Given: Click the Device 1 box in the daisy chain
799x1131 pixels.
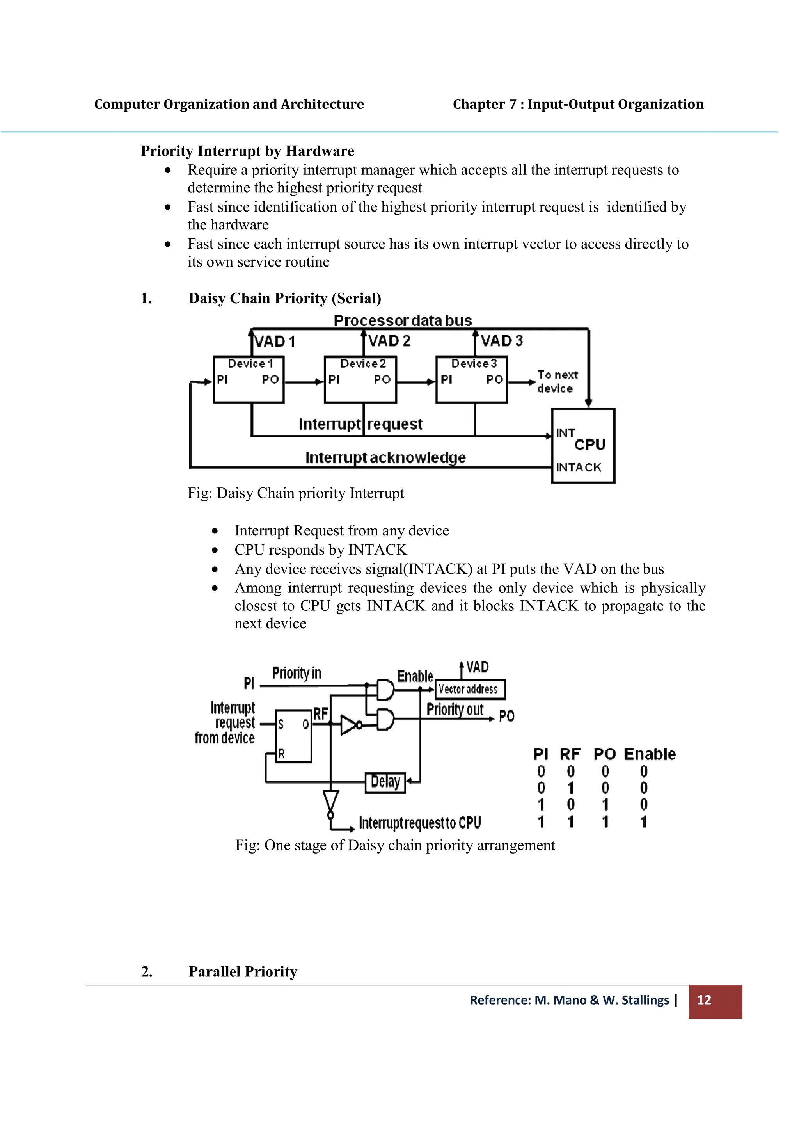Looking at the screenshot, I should point(248,379).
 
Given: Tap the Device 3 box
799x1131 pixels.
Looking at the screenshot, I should point(472,379).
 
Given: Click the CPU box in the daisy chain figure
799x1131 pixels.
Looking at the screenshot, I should point(583,446).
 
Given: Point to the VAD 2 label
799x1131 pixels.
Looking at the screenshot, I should point(389,341).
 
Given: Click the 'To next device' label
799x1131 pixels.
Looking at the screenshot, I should point(557,382).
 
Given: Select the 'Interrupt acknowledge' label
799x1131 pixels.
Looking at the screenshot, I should point(385,458).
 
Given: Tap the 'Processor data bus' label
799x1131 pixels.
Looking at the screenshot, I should point(403,321).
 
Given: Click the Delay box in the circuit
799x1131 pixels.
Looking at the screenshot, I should point(385,782).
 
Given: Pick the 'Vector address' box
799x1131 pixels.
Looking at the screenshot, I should point(470,689).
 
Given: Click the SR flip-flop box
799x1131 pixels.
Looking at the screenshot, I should point(293,736).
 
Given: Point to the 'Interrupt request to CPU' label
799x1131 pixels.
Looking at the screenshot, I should point(419,823).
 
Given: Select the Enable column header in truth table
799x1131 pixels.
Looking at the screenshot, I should point(649,754).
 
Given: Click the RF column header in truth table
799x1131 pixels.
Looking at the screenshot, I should point(570,754).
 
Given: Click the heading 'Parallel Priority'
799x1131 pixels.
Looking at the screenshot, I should point(243,971).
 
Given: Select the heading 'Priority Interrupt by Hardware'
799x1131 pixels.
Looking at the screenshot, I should point(247,151).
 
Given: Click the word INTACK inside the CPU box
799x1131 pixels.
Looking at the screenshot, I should point(579,468).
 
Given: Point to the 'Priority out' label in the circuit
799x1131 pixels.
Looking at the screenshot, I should point(455,710).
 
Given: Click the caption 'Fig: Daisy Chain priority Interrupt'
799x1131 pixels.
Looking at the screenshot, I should point(295,493).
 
